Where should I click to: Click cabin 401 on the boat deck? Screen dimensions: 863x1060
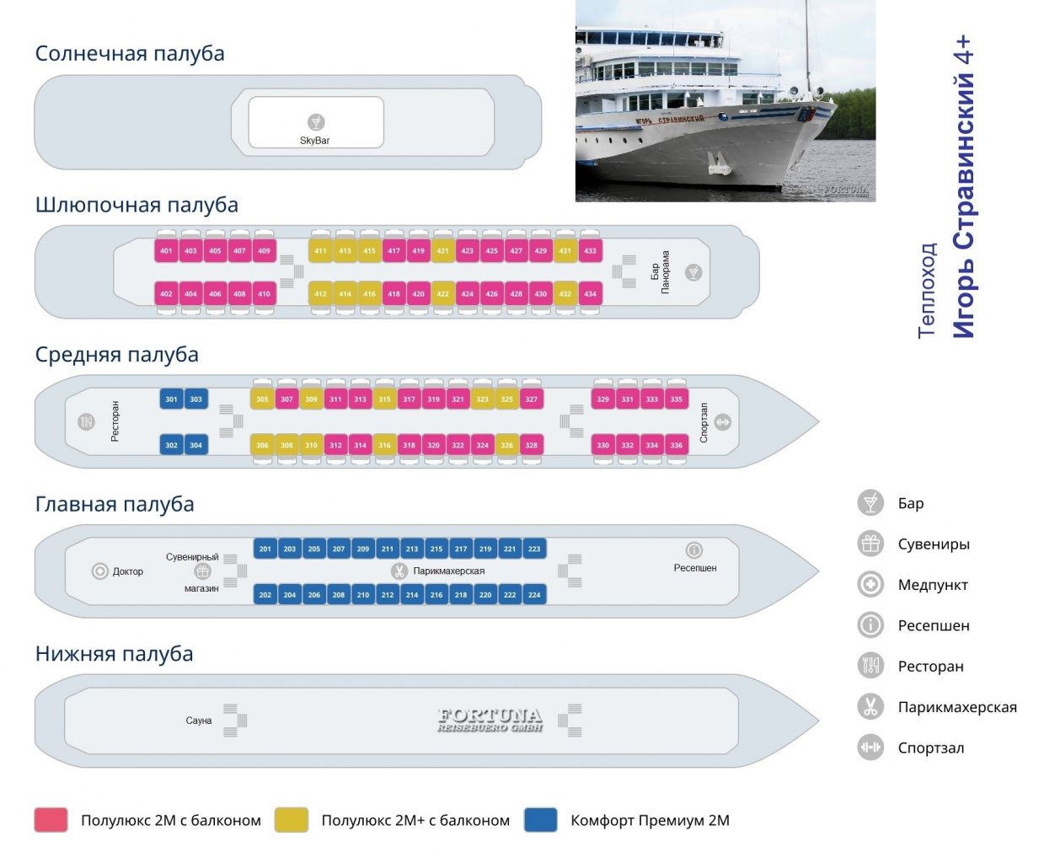point(166,250)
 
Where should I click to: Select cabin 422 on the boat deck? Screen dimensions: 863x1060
point(442,294)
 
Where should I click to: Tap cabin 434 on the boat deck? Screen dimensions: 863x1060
point(590,294)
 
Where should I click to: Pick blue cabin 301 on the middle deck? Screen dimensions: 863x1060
point(171,399)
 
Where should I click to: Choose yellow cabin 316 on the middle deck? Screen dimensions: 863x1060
point(384,445)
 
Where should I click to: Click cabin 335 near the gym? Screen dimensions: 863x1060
point(676,399)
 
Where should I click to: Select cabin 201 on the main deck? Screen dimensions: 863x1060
point(265,549)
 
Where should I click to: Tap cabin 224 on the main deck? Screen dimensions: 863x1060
point(534,595)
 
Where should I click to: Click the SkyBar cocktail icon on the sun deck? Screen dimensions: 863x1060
point(316,122)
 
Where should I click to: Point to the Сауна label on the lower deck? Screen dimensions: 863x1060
point(199,721)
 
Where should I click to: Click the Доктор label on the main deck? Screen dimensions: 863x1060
point(128,571)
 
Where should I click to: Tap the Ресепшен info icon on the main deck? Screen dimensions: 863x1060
point(694,550)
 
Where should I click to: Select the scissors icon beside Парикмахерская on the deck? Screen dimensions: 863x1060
point(399,571)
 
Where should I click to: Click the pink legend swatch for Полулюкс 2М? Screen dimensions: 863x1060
point(51,820)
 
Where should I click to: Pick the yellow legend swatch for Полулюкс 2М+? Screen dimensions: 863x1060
point(292,820)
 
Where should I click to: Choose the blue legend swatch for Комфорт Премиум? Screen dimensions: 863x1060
point(541,820)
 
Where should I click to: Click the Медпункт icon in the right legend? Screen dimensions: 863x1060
point(870,584)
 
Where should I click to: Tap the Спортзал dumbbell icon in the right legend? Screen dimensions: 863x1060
point(870,748)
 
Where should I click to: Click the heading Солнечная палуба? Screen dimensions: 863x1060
point(130,53)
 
